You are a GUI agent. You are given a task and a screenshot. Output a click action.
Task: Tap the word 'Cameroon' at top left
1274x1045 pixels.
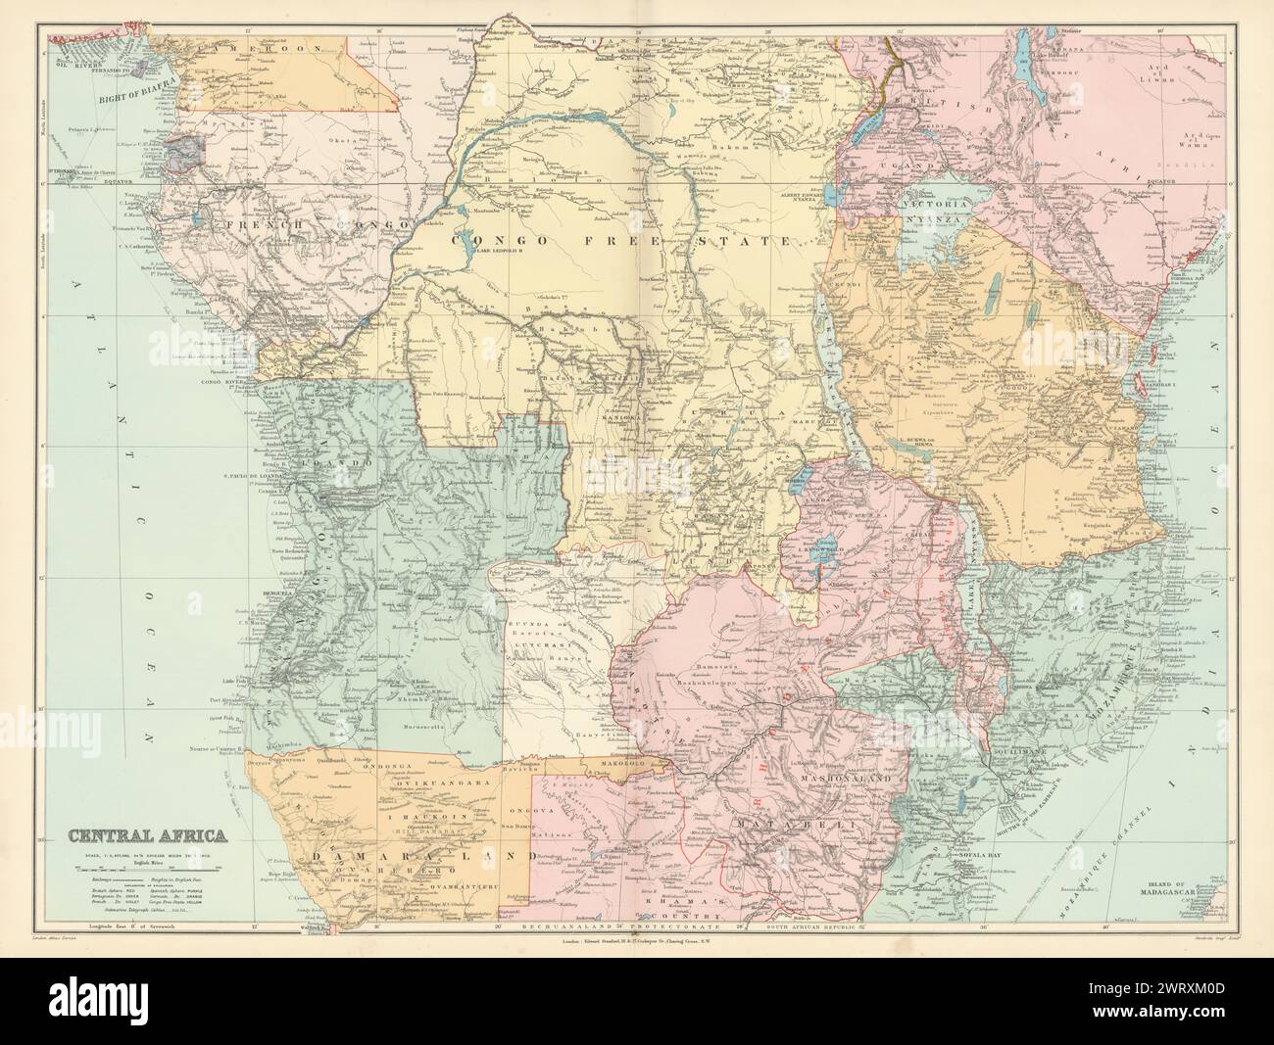pyautogui.click(x=235, y=48)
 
